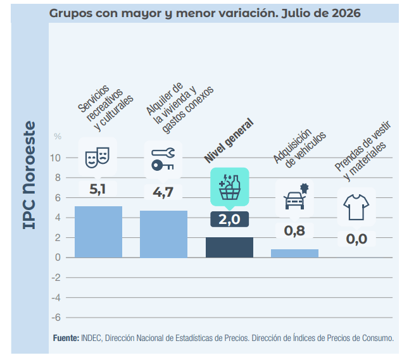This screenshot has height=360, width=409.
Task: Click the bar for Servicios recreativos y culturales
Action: click(x=98, y=232)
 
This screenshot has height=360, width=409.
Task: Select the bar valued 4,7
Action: click(x=163, y=234)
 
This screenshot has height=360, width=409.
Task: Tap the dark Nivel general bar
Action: click(x=229, y=247)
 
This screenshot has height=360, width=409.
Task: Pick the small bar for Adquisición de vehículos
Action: click(x=294, y=253)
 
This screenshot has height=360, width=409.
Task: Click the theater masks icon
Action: click(x=98, y=157)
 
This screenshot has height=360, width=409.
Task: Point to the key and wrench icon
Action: click(x=163, y=159)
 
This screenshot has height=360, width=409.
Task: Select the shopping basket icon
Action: click(x=230, y=187)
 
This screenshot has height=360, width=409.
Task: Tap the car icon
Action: click(x=296, y=197)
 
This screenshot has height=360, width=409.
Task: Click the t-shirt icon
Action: click(x=356, y=207)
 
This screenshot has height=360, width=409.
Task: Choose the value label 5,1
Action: click(x=98, y=189)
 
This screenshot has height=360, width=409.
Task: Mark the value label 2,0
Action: click(x=229, y=220)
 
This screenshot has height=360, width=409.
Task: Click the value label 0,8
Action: click(x=294, y=231)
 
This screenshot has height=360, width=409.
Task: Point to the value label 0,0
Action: click(x=356, y=239)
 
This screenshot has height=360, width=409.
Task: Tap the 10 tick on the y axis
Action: click(x=55, y=158)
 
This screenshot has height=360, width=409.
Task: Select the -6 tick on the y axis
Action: click(x=56, y=318)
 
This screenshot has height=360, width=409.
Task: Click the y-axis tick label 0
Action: click(x=58, y=258)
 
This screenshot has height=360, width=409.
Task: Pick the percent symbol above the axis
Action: click(x=58, y=136)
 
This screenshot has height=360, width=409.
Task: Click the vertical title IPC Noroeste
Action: click(x=29, y=175)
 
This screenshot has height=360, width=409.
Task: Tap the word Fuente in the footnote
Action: click(x=66, y=338)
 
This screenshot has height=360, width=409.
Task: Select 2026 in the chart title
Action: click(x=346, y=13)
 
